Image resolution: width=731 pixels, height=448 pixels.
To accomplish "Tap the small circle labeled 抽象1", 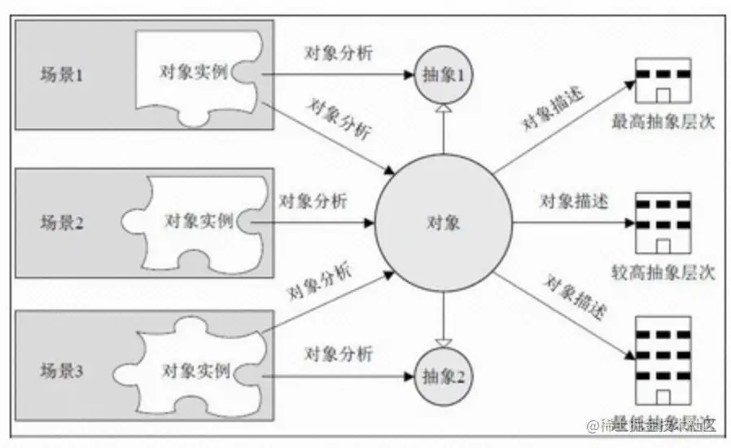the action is point(443,75).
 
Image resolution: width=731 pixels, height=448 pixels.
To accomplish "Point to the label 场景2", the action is point(63,222).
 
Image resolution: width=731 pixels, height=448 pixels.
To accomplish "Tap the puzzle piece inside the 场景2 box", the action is point(195,222).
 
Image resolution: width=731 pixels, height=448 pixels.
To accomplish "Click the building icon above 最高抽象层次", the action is point(663,81).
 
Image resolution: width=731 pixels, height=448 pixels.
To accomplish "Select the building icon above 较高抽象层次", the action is point(663,222).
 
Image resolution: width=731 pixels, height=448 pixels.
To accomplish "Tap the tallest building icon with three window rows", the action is point(663,359).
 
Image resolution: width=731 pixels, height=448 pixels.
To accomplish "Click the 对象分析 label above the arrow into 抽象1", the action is point(338,53).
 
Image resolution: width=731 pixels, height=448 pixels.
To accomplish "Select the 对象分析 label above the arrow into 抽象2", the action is point(338,354).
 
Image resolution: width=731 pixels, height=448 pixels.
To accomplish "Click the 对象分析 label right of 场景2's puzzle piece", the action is point(313,200).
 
